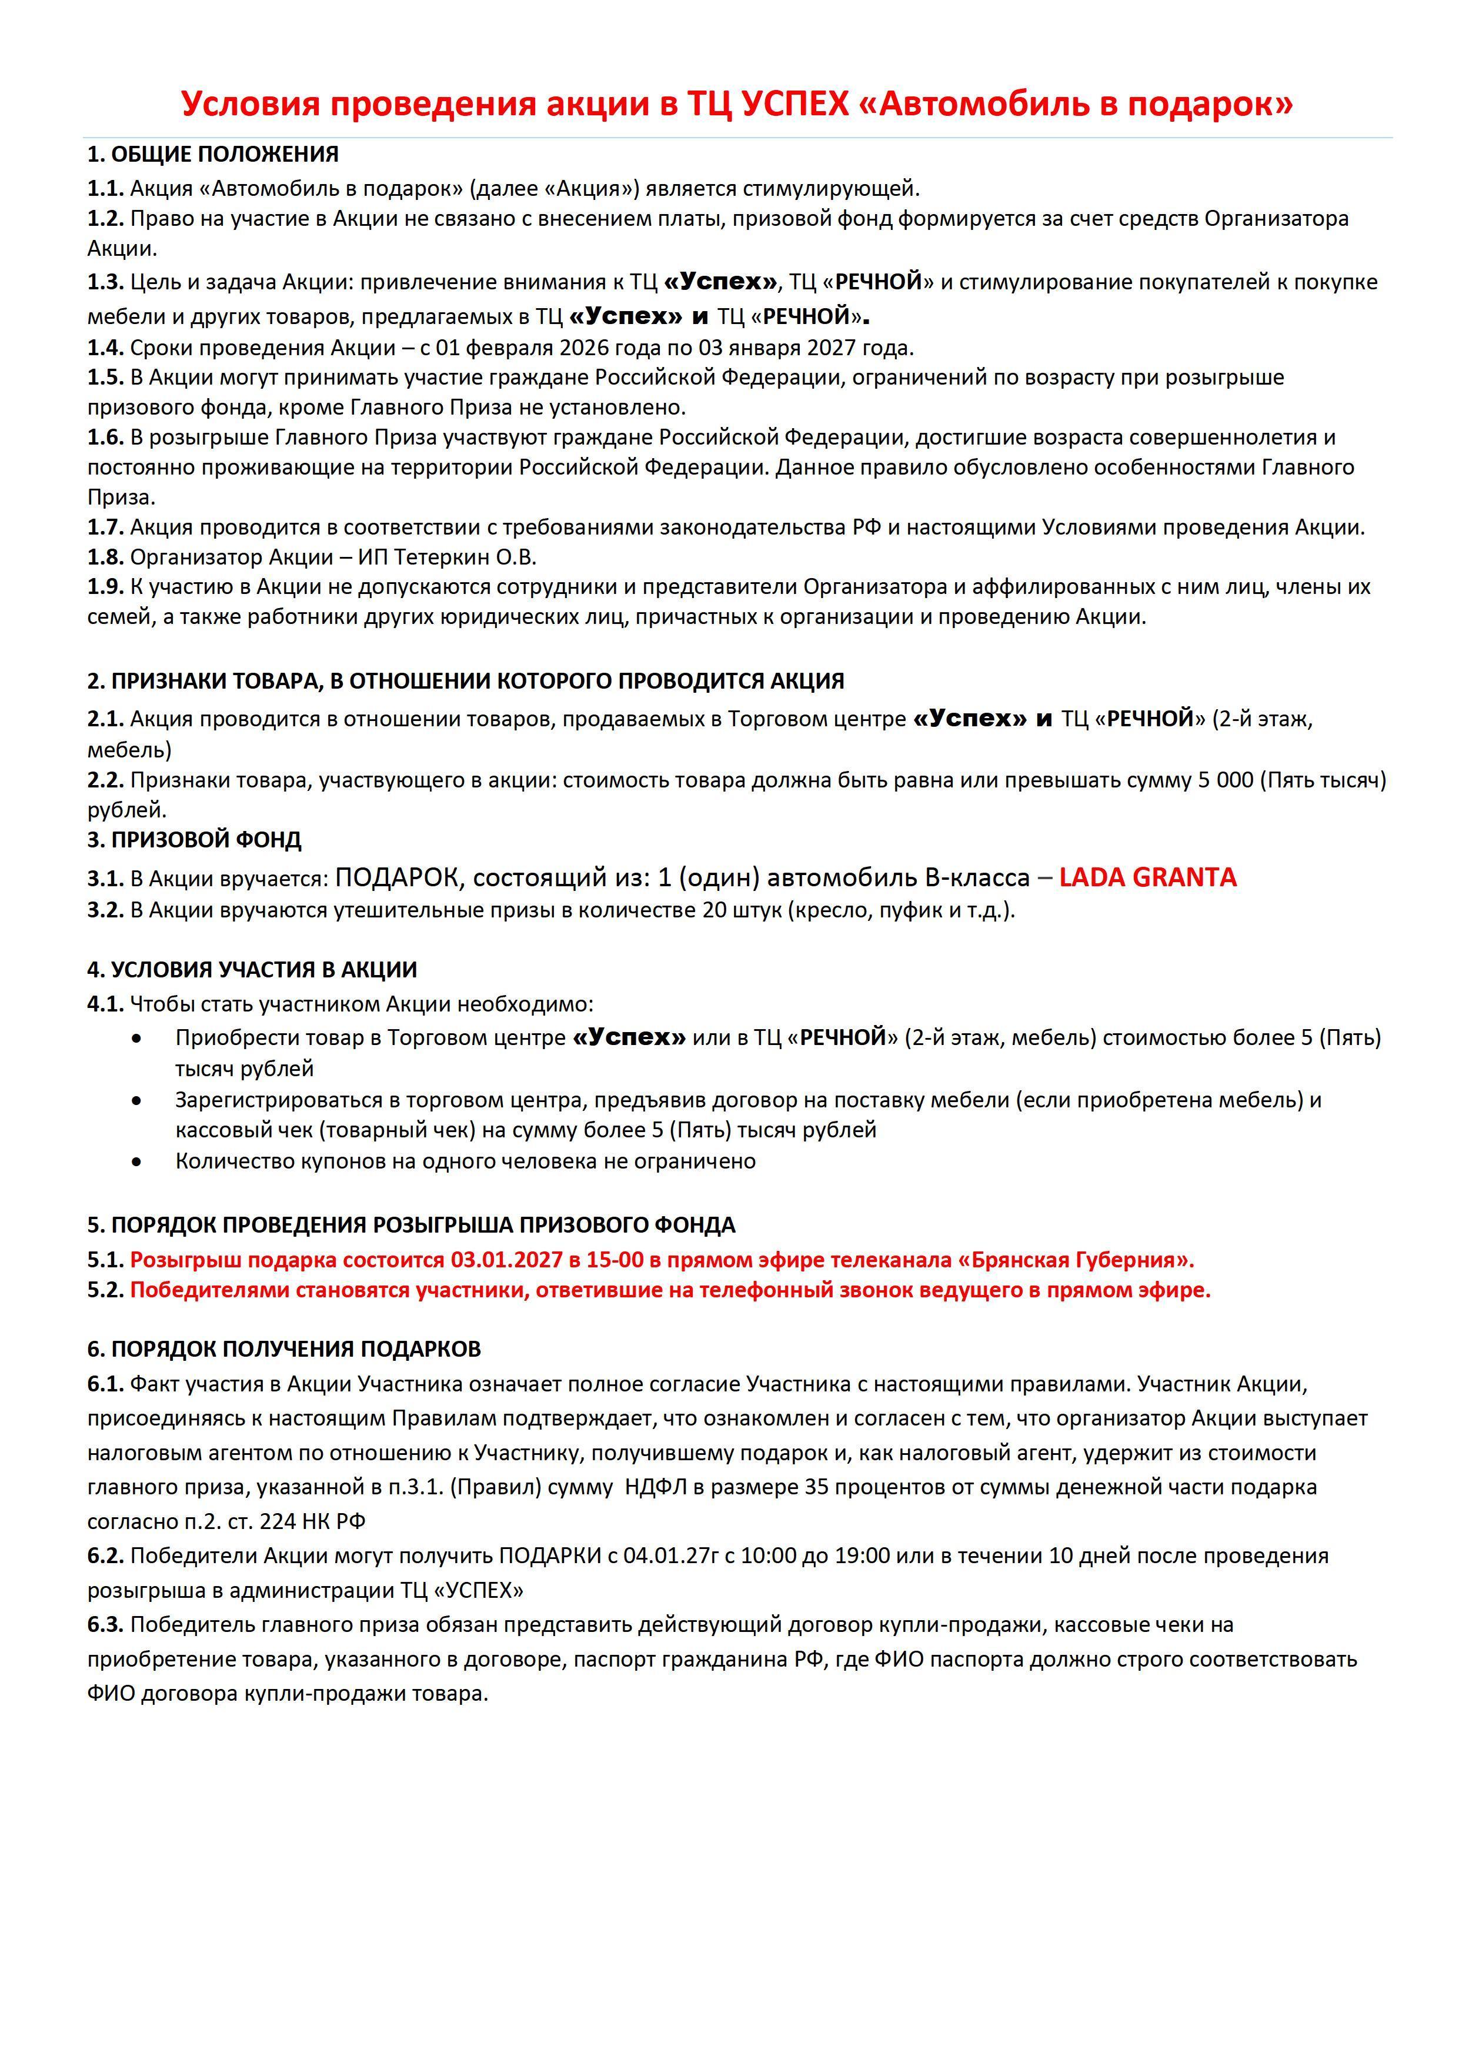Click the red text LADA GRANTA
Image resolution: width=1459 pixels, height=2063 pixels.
click(1147, 877)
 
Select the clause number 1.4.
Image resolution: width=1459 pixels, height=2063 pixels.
click(105, 348)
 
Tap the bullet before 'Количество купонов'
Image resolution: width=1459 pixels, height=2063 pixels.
click(136, 1161)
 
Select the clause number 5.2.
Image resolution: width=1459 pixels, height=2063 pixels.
click(105, 1290)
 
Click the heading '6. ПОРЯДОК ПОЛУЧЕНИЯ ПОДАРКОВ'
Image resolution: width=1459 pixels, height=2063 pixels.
click(284, 1348)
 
